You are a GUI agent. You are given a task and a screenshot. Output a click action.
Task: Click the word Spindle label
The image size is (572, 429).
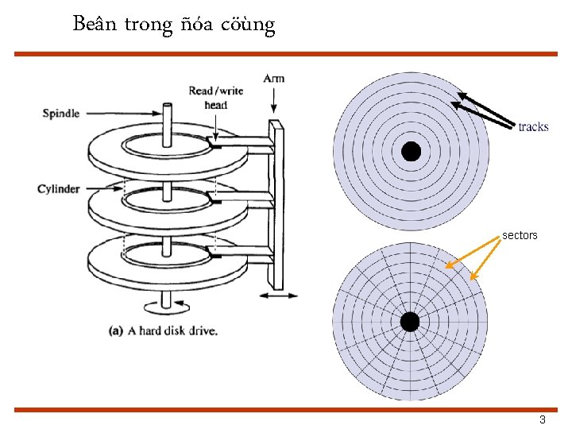click(61, 114)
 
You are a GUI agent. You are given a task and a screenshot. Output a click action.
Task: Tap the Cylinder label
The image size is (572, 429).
click(59, 189)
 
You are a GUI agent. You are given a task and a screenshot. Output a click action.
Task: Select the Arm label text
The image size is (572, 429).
click(273, 78)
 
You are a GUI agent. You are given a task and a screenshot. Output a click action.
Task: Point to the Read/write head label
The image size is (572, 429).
click(216, 98)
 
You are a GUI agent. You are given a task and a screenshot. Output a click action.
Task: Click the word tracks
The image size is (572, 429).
click(533, 127)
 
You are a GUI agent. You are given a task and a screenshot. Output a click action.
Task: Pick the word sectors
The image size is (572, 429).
click(520, 235)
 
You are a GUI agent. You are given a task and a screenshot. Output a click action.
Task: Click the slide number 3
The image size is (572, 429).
click(543, 419)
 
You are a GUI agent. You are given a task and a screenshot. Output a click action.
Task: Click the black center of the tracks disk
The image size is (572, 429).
click(411, 151)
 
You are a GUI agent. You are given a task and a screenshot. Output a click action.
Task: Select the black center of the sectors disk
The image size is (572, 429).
click(409, 322)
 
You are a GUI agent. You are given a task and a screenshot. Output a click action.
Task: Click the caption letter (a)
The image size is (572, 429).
click(116, 330)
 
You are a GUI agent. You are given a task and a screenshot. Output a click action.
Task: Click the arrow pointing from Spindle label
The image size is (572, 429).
click(118, 114)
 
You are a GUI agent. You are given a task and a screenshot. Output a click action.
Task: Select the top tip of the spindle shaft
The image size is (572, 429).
click(168, 105)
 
